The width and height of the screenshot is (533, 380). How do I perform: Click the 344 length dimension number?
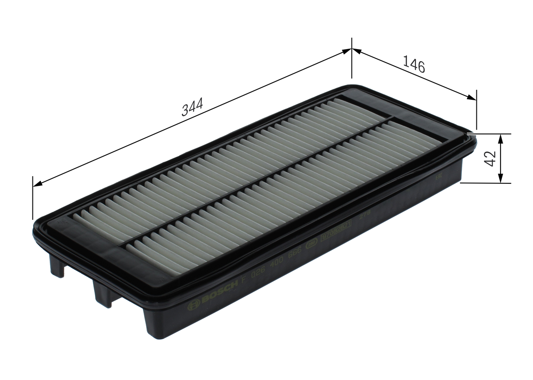click(x=192, y=107)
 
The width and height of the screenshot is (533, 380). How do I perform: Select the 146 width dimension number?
click(x=414, y=65)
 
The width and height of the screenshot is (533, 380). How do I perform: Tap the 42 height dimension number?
click(x=491, y=158)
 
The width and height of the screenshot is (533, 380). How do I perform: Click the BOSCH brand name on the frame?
click(x=219, y=292)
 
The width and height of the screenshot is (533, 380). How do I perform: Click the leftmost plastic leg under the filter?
click(x=57, y=266)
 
